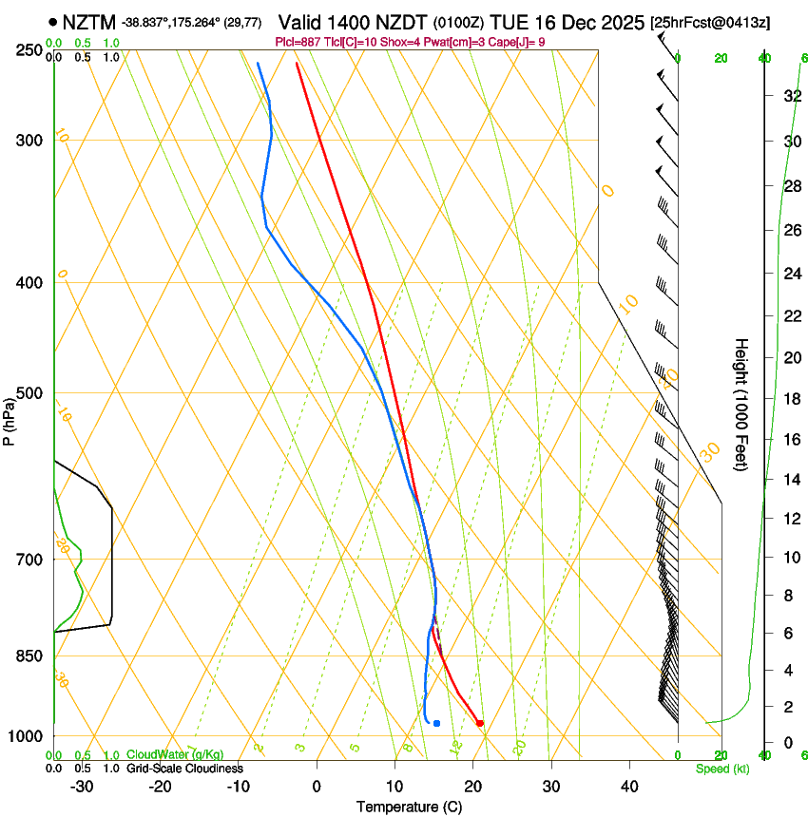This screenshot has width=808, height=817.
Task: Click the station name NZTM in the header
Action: coord(88,22)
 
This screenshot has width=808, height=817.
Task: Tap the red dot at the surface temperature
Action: coord(479,723)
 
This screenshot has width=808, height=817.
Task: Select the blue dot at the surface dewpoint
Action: coord(436,723)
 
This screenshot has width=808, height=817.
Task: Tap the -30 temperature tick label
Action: coord(82,786)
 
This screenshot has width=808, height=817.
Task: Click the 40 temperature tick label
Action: coord(628,786)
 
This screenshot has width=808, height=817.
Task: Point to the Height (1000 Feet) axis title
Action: coord(741,404)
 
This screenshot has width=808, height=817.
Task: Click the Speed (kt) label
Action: coord(721,768)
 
